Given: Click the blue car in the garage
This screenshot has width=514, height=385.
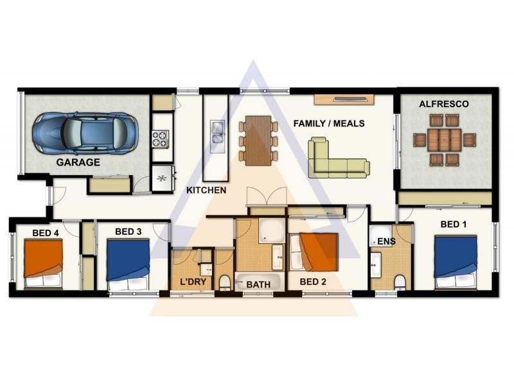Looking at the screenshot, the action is tap(85, 133).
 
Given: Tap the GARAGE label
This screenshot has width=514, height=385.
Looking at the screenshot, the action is tap(78, 162).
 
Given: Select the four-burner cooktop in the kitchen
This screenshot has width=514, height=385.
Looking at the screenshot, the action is tap(160, 139).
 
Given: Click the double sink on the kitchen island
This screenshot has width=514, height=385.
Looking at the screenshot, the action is tap(218, 132).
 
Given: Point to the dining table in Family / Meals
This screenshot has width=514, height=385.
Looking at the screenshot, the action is tap(259, 140).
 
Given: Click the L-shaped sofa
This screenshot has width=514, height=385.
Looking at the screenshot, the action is tap(339, 158).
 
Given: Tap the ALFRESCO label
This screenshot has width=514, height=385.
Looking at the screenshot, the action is tap(444, 104).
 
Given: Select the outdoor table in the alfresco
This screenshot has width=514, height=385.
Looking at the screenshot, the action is tap(445, 140).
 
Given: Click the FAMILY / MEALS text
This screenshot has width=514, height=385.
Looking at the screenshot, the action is tap(329, 123).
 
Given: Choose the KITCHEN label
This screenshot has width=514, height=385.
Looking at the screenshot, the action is tap(206, 190).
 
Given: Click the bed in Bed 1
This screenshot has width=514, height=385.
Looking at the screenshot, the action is tap(456, 262).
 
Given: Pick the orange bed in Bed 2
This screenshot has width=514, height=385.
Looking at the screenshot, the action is tap(314, 252).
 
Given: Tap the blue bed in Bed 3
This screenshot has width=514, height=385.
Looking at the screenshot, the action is tap(128, 264).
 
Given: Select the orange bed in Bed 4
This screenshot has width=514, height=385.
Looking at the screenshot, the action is tap(43, 264).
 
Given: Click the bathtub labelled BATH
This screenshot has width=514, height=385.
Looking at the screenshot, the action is tap(258, 282).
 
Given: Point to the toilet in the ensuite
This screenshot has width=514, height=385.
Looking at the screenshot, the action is tap(400, 282).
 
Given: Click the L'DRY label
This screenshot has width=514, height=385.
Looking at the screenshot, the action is tap(193, 282).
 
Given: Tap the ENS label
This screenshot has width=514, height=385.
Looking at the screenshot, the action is tap(387, 242).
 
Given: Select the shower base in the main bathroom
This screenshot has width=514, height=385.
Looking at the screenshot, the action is tap(272, 230).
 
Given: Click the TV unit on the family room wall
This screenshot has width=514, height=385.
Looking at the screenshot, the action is tap(344, 99).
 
